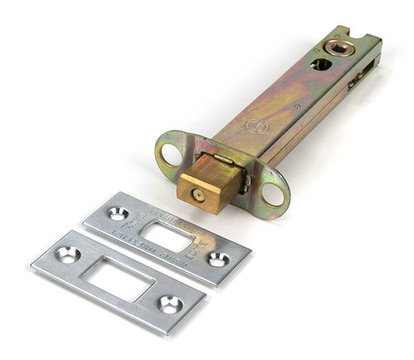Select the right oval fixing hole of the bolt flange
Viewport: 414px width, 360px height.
[x=273, y=194]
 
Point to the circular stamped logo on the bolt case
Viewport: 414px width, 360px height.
[x=256, y=127]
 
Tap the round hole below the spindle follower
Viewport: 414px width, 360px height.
[x=321, y=64]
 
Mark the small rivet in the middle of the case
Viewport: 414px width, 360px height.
[x=297, y=106]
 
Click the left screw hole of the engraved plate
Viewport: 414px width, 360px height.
[x=117, y=214]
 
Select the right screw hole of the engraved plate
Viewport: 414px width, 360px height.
[x=218, y=259]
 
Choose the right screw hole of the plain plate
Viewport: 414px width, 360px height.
[x=169, y=303]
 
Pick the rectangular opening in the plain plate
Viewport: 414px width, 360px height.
[x=118, y=279]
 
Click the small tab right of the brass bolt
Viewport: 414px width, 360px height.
[x=245, y=182]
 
